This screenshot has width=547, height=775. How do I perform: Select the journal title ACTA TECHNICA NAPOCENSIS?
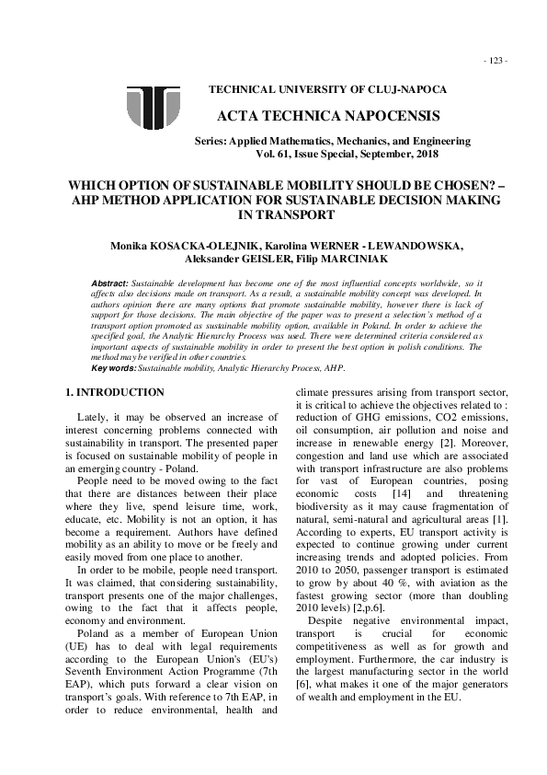(328, 116)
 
